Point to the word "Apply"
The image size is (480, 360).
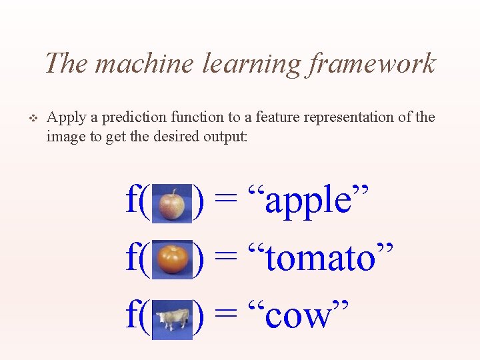click(66, 118)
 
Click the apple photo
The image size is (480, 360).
click(172, 203)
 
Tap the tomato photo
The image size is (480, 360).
click(172, 259)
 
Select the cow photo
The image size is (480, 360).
click(172, 317)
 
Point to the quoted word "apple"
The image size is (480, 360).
click(309, 201)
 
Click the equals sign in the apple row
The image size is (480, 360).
click(226, 201)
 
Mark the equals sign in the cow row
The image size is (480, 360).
click(226, 316)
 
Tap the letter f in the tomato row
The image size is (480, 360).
click(132, 257)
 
